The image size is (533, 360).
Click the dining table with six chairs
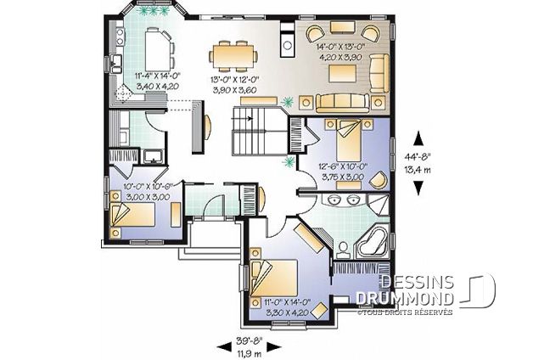click(233, 56)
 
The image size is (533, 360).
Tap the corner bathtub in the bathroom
click(373, 241)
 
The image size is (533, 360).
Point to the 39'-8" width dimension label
click(250, 340)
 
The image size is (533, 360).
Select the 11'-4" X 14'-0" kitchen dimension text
click(157, 76)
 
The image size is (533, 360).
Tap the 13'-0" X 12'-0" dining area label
click(234, 80)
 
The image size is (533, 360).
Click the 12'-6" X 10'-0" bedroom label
click(344, 167)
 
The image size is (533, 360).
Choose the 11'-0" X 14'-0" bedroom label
click(288, 302)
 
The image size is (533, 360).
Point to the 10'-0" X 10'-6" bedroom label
click(149, 187)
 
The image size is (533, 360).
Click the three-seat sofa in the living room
click(342, 103)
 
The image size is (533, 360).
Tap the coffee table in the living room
click(343, 73)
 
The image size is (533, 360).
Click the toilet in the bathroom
click(343, 250)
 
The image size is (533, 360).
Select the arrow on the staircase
click(242, 118)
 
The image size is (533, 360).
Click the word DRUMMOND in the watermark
click(405, 299)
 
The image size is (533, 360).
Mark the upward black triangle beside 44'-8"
click(418, 139)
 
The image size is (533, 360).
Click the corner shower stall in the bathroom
click(378, 205)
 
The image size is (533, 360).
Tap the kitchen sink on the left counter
click(116, 64)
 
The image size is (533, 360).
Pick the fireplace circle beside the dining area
click(288, 44)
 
